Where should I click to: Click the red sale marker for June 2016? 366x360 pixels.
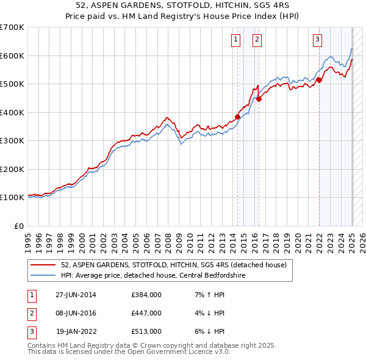click(x=259, y=99)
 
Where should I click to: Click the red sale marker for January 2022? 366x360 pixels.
click(x=319, y=80)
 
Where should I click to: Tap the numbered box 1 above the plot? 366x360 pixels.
click(x=236, y=40)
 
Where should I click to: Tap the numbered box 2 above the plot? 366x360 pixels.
click(x=257, y=40)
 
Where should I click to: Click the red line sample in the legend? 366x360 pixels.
click(x=43, y=265)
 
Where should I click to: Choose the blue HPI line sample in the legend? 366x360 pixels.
click(x=43, y=275)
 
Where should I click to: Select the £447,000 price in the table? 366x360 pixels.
click(x=146, y=313)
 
